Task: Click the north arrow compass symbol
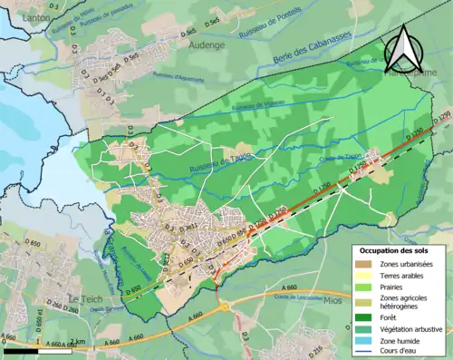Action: tap(402, 48)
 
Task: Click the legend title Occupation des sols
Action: tap(395, 249)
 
